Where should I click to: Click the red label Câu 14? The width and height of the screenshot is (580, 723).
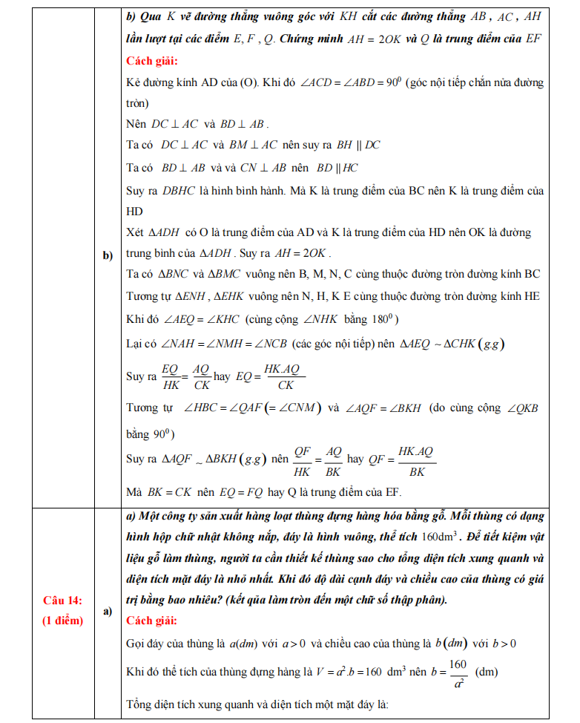pyautogui.click(x=62, y=600)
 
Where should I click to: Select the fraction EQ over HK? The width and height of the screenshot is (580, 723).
pyautogui.click(x=171, y=376)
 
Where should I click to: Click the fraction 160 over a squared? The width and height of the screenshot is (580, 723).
pyautogui.click(x=457, y=672)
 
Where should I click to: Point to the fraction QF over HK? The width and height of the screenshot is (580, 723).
pyautogui.click(x=302, y=459)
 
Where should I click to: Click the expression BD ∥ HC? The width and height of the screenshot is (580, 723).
pyautogui.click(x=337, y=167)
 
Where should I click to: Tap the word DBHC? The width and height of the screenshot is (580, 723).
pyautogui.click(x=177, y=191)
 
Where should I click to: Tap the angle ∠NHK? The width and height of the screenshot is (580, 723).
pyautogui.click(x=320, y=321)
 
